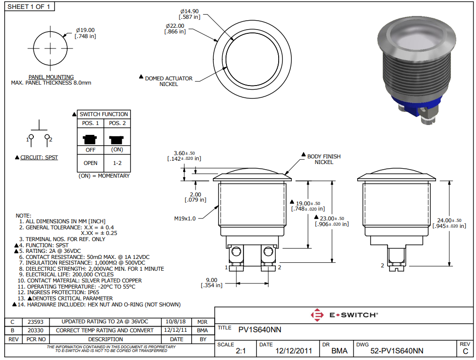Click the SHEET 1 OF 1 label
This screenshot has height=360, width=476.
click(x=29, y=7)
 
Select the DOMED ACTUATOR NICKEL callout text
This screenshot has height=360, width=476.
click(x=169, y=81)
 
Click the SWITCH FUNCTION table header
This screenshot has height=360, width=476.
click(x=103, y=114)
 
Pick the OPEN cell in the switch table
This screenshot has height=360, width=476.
click(x=90, y=163)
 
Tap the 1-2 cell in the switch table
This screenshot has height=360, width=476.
click(x=117, y=163)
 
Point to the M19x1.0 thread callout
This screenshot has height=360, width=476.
click(x=184, y=218)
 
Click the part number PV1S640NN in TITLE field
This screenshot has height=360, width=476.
click(x=260, y=329)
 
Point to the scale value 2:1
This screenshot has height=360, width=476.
click(x=241, y=351)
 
